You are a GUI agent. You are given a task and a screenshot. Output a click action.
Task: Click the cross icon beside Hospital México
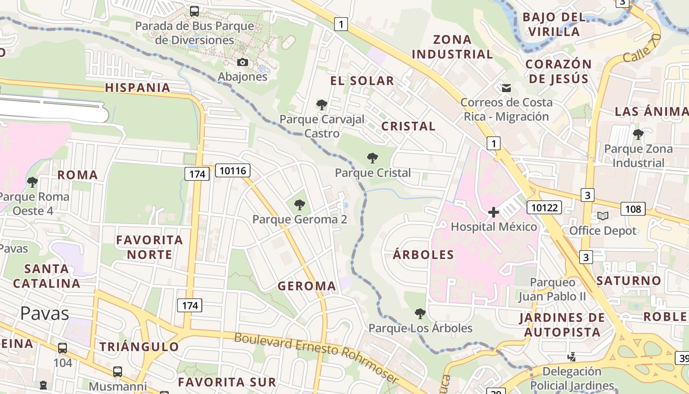[493, 212]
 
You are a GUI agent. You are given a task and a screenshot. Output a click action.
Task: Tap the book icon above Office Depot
[603, 216]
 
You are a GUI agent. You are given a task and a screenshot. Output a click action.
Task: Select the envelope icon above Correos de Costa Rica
[506, 88]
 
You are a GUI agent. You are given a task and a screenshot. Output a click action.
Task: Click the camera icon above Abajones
[243, 62]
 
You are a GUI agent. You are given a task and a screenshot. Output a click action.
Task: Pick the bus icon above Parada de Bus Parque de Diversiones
[194, 11]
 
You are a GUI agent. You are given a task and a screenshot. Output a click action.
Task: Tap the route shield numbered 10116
[233, 170]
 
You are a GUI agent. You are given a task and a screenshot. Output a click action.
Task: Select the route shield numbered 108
[633, 209]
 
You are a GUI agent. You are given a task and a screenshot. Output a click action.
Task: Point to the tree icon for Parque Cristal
[373, 158]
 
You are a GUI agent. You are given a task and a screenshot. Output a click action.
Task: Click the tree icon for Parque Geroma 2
[299, 205]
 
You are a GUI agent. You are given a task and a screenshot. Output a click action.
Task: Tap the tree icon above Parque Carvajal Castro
[322, 104]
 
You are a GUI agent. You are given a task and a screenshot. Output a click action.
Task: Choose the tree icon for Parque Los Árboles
[420, 313]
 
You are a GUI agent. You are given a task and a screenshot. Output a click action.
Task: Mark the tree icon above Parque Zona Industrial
[638, 134]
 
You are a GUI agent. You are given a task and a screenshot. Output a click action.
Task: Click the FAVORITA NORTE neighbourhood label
[150, 247]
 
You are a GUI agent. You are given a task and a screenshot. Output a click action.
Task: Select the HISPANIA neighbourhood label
[138, 88]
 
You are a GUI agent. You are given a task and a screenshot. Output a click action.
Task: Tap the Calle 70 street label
[641, 49]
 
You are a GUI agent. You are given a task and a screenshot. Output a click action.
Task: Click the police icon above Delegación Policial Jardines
[572, 357]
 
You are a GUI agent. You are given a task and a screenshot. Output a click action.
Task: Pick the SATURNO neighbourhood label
[629, 281]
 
